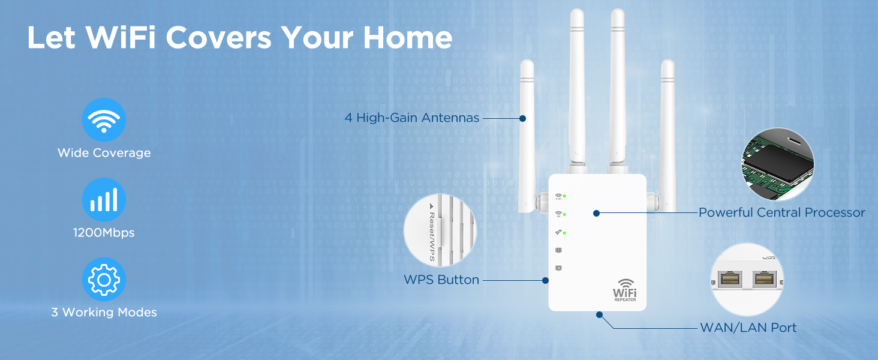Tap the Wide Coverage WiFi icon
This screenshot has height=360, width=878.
click(x=104, y=120)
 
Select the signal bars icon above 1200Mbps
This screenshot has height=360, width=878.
click(x=104, y=200)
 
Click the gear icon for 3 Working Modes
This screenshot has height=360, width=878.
click(x=104, y=280)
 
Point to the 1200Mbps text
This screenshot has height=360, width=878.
click(x=104, y=232)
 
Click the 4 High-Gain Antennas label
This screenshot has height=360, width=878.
click(x=412, y=118)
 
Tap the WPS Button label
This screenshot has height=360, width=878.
click(x=441, y=280)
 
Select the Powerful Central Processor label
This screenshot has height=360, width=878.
click(x=781, y=212)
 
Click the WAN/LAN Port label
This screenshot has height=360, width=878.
click(x=748, y=328)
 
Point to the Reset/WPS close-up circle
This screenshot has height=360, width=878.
click(x=440, y=231)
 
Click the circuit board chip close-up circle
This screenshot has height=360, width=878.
click(x=778, y=164)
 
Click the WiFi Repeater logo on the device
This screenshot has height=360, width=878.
click(x=624, y=290)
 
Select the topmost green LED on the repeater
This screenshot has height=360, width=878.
click(x=565, y=196)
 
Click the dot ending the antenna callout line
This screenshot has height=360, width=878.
click(x=523, y=118)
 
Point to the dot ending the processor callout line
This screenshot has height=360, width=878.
click(x=596, y=212)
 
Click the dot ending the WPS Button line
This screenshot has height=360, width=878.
click(x=545, y=280)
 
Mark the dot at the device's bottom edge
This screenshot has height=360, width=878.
click(x=599, y=314)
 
